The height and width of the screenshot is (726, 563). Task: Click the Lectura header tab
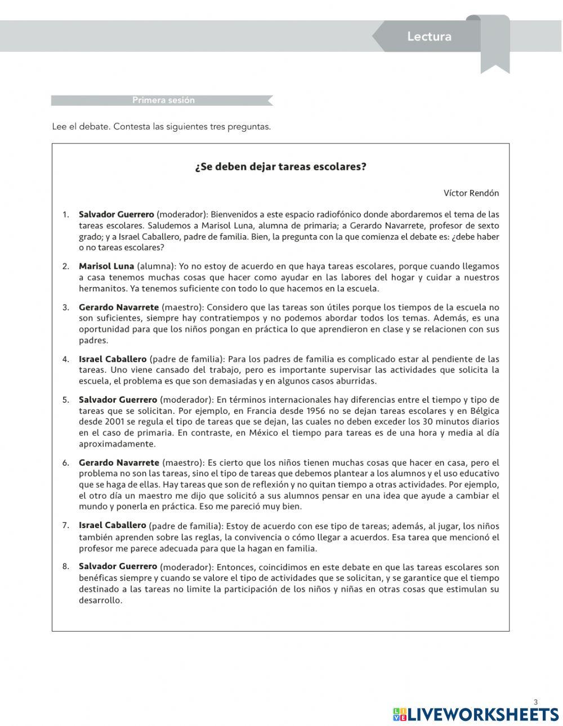[x=429, y=37]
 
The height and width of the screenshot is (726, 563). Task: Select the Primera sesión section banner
[x=163, y=100]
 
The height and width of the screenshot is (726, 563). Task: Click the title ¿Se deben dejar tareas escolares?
[x=280, y=167]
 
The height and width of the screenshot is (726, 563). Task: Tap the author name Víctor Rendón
[x=471, y=193]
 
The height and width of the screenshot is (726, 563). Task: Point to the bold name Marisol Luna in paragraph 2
[x=106, y=266]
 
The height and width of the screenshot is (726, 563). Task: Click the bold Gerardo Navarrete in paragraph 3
[x=119, y=307]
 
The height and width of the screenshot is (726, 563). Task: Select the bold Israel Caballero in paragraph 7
[x=112, y=525]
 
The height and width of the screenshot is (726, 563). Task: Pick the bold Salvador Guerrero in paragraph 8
[x=118, y=566]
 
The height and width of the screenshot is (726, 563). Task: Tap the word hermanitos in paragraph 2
[x=102, y=288]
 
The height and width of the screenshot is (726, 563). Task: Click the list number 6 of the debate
[x=65, y=463]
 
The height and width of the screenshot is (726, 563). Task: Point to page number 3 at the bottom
[x=535, y=701]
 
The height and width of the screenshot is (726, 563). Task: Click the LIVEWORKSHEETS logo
[x=476, y=714]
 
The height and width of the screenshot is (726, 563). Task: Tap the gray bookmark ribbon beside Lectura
[x=495, y=45]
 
